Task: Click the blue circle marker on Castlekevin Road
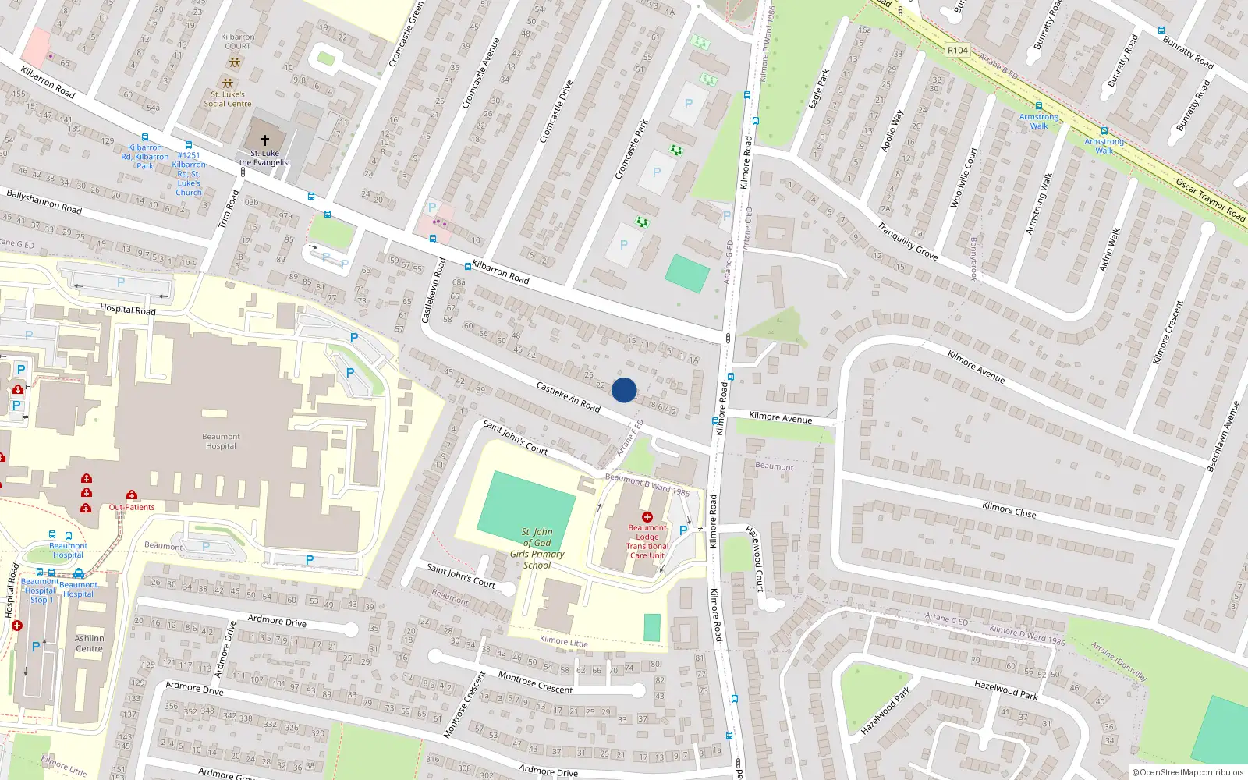pyautogui.click(x=624, y=390)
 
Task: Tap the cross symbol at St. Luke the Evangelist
pyautogui.click(x=265, y=140)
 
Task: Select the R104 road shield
pyautogui.click(x=958, y=50)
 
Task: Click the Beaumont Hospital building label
pyautogui.click(x=222, y=441)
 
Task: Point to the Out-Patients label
pyautogui.click(x=132, y=507)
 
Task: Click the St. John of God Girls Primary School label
pyautogui.click(x=537, y=548)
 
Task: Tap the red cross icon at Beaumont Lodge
pyautogui.click(x=647, y=517)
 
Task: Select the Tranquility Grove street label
pyautogui.click(x=907, y=241)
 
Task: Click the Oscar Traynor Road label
pyautogui.click(x=1210, y=199)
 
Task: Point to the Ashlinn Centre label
pyautogui.click(x=89, y=643)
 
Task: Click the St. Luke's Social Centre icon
pyautogui.click(x=228, y=83)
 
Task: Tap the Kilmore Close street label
pyautogui.click(x=1009, y=509)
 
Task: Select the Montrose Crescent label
pyautogui.click(x=535, y=682)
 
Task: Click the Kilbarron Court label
pyautogui.click(x=238, y=41)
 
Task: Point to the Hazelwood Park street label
pyautogui.click(x=1005, y=689)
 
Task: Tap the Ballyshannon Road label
pyautogui.click(x=44, y=201)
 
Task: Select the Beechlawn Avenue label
pyautogui.click(x=1222, y=437)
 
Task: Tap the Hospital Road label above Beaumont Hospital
pyautogui.click(x=128, y=310)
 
